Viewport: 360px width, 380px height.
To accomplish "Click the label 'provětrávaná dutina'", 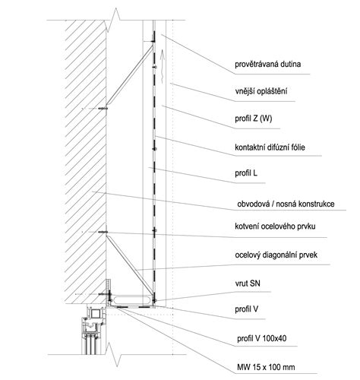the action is click(x=267, y=65).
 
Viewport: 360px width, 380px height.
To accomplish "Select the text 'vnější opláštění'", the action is click(x=261, y=91).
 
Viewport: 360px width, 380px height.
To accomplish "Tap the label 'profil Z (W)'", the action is click(x=254, y=119).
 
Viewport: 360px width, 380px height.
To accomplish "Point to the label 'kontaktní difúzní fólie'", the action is click(x=270, y=147).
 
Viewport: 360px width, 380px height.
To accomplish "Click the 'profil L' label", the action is click(x=246, y=173).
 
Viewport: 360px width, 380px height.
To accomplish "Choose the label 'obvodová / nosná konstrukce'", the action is click(x=286, y=204).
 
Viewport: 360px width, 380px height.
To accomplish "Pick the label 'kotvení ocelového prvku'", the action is click(x=275, y=226).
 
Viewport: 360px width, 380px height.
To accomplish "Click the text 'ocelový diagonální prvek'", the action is click(x=276, y=255).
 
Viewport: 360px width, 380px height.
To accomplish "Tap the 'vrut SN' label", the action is click(x=248, y=283).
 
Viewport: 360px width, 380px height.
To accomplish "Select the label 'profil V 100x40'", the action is click(x=262, y=338).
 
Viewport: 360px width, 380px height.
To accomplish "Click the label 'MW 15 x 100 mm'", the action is click(x=266, y=367).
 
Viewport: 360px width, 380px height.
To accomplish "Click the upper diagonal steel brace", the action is click(x=130, y=75).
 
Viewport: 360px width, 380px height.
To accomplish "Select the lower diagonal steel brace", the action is click(x=130, y=265).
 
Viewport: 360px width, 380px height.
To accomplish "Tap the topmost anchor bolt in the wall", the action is click(x=103, y=109).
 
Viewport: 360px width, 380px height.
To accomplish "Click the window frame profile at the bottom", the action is click(x=93, y=329).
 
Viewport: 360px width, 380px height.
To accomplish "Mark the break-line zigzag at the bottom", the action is click(x=112, y=354).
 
